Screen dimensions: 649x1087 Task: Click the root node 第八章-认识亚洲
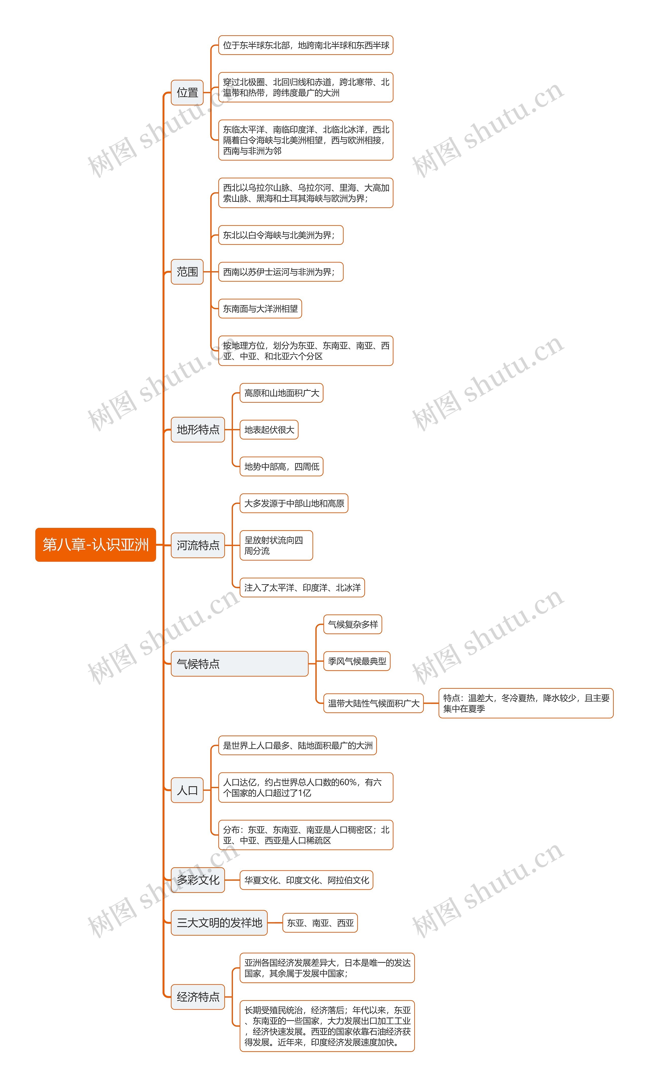(95, 545)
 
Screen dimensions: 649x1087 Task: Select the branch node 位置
(187, 93)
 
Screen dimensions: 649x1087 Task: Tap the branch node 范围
(187, 272)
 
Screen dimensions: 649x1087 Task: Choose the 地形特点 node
(198, 430)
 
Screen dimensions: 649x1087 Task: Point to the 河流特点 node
(198, 545)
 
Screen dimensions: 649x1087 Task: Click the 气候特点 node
(239, 664)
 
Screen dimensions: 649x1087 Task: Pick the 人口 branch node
(187, 790)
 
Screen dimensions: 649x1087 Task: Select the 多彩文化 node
(198, 880)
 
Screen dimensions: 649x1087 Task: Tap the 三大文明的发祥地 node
(219, 923)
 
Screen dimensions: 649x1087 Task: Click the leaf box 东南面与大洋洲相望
(260, 309)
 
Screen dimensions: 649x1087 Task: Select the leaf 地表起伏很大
(269, 430)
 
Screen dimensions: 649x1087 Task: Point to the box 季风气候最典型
(357, 661)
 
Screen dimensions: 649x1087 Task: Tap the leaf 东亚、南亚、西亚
(320, 923)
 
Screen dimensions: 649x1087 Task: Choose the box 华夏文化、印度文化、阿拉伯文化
(306, 880)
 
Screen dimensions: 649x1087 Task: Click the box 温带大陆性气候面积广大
(373, 703)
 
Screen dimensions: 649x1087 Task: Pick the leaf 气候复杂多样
(352, 624)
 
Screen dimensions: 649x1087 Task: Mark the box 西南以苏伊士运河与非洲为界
(280, 272)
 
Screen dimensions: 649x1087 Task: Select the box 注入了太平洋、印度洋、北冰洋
(302, 587)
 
